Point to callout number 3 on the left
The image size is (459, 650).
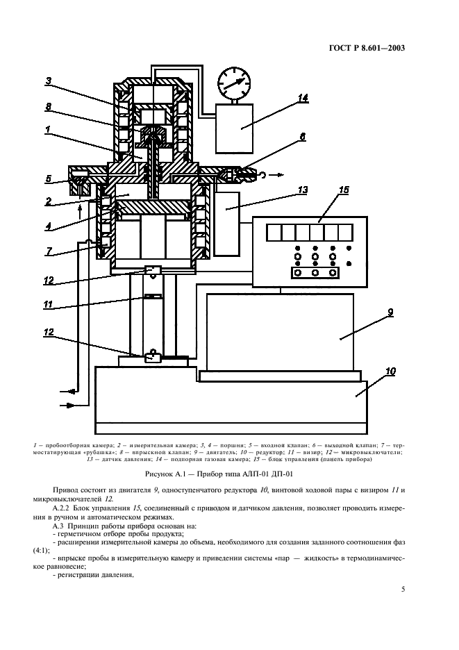[x=48, y=81]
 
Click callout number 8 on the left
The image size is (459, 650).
[x=48, y=107]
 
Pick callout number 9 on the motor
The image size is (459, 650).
[x=390, y=312]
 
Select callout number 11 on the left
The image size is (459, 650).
[x=48, y=304]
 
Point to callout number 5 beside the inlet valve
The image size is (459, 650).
[x=48, y=178]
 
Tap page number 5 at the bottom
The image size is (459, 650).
[x=403, y=590]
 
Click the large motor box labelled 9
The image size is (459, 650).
[x=279, y=330]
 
